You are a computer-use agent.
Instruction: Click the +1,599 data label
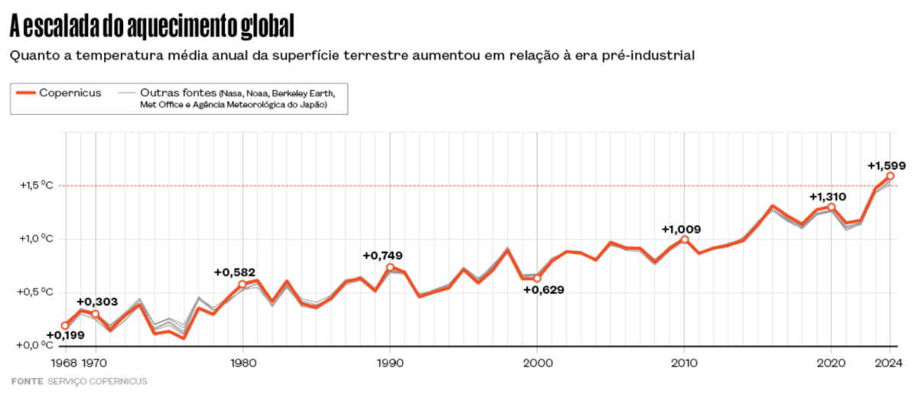tap(887, 165)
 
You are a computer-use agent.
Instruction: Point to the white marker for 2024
tap(890, 176)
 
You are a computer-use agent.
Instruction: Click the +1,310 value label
tap(828, 197)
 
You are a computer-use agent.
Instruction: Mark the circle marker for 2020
tap(832, 207)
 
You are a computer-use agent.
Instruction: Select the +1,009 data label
tap(681, 229)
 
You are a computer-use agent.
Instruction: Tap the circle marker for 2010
tap(685, 240)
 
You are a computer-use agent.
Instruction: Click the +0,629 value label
tap(543, 289)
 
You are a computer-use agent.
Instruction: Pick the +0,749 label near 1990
tap(382, 255)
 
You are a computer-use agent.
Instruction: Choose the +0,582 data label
tap(234, 272)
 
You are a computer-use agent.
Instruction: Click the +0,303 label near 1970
tap(96, 302)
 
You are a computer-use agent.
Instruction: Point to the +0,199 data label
tap(66, 335)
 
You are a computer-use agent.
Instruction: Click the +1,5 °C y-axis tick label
tap(37, 185)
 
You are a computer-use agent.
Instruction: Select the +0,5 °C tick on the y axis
tap(37, 292)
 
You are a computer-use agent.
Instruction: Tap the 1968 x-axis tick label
tap(64, 363)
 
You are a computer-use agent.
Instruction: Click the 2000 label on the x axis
tap(537, 363)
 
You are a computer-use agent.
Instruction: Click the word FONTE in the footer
tap(27, 381)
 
